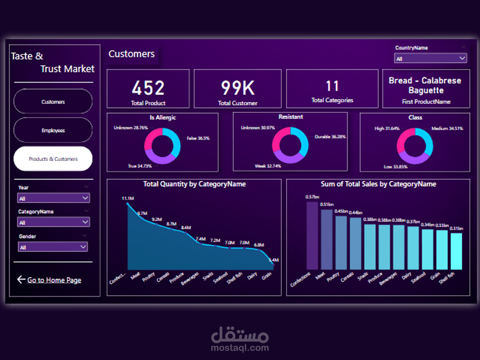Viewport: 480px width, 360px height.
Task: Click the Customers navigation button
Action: [53, 102]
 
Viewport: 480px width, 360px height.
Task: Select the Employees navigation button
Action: [53, 130]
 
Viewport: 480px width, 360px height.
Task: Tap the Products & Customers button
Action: [53, 159]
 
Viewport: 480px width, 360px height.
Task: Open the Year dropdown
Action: [53, 198]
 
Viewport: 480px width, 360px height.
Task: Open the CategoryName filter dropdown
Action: [53, 222]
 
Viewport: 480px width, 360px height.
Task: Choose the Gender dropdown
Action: [53, 247]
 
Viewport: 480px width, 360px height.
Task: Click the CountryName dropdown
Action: [431, 59]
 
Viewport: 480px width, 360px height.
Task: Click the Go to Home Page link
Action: [54, 280]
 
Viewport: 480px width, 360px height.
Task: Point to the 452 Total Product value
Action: [148, 88]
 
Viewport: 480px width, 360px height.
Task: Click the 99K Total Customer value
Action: [238, 88]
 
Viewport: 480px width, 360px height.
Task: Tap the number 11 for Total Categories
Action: [332, 86]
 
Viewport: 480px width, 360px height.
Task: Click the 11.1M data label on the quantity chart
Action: [128, 198]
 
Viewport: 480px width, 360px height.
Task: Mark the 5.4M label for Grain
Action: [274, 260]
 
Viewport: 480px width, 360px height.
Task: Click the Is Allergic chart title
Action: [163, 118]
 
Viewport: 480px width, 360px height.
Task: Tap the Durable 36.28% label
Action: [330, 137]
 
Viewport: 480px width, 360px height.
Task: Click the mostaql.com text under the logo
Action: [240, 348]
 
